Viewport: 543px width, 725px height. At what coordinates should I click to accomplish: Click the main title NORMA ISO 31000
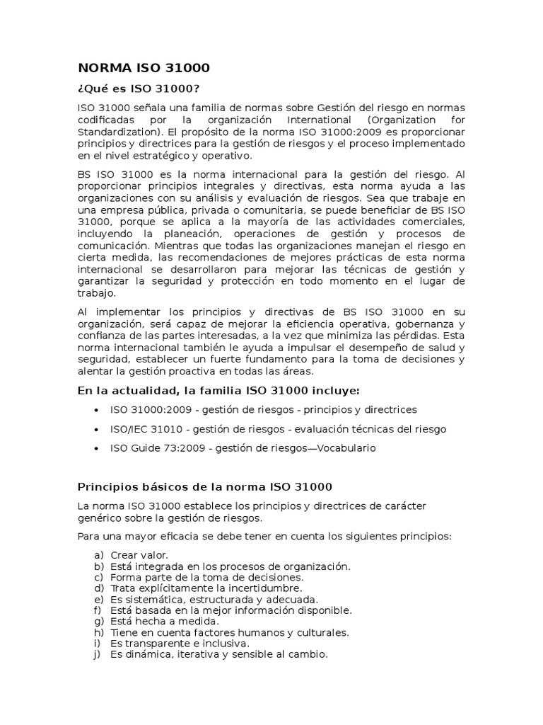pyautogui.click(x=144, y=69)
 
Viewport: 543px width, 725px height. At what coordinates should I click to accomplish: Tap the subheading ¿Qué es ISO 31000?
pyautogui.click(x=139, y=89)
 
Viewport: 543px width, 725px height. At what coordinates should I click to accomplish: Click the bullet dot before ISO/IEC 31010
pyautogui.click(x=95, y=429)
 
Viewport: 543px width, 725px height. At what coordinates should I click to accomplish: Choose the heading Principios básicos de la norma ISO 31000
pyautogui.click(x=204, y=487)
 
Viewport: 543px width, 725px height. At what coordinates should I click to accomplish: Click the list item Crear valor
pyautogui.click(x=139, y=555)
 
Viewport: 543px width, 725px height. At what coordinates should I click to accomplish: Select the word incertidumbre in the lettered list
pyautogui.click(x=269, y=588)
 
